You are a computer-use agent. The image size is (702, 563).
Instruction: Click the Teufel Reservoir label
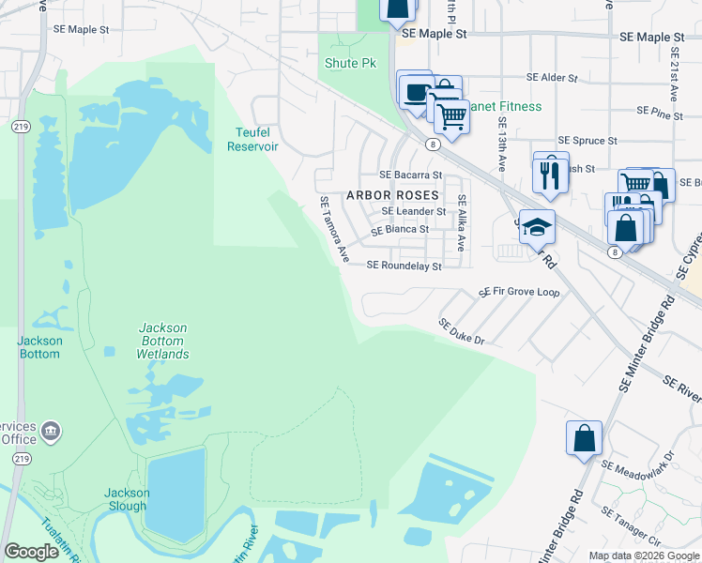coord(249,139)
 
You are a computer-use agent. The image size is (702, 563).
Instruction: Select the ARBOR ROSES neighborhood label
coord(392,195)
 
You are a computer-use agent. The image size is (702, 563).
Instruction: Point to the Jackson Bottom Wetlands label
coord(163,341)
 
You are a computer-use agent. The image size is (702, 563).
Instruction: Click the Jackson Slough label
coord(126,499)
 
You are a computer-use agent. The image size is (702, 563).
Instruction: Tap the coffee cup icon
coord(414,91)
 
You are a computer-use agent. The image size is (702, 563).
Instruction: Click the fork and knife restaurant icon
coord(550,173)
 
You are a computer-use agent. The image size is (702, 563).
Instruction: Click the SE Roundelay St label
coord(404,266)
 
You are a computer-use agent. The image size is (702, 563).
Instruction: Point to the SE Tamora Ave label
coord(334,229)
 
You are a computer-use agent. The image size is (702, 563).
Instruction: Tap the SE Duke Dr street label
coord(461,330)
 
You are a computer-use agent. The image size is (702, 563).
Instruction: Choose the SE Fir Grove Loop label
coord(519,293)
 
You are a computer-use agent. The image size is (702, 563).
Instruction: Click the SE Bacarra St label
coord(409,175)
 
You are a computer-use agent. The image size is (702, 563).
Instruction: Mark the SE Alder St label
coord(550,77)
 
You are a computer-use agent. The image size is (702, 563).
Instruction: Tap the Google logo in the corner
coord(31,552)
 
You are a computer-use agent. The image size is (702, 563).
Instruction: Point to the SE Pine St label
coord(659,112)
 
